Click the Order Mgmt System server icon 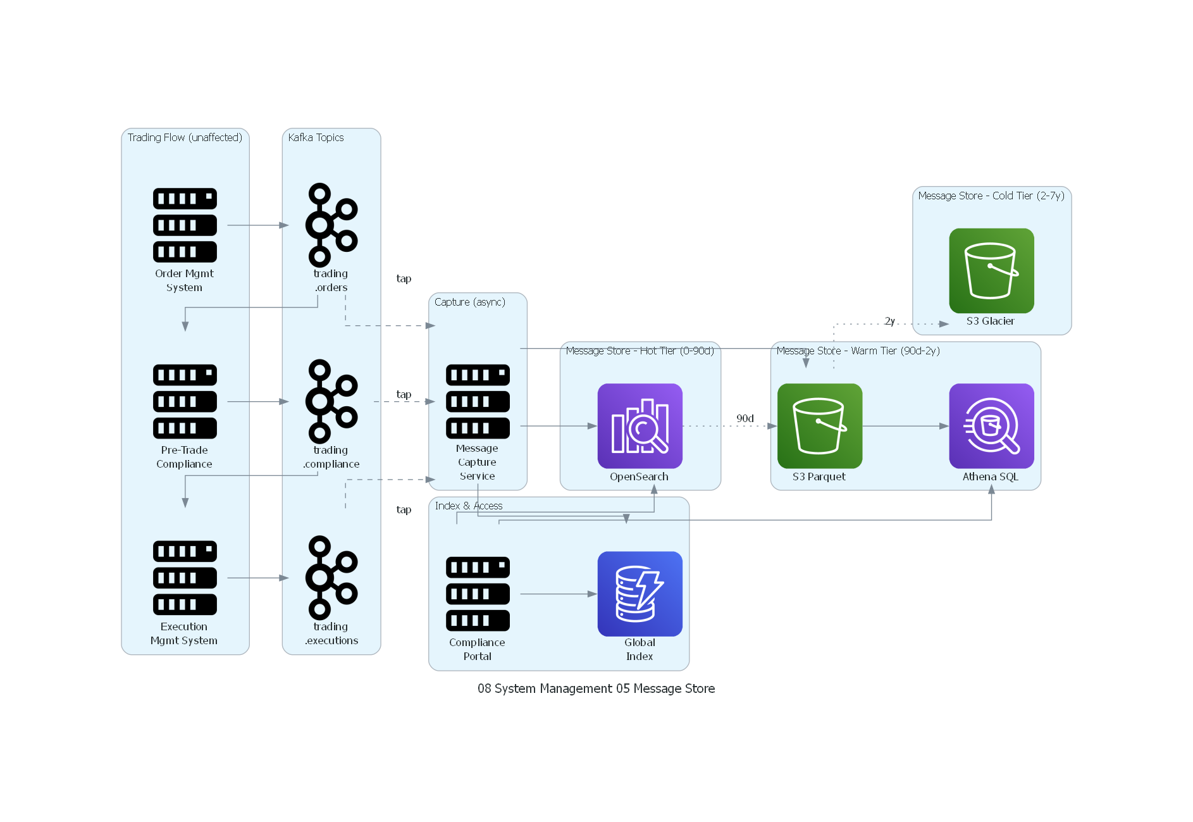185,225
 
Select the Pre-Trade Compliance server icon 185,402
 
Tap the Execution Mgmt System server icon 185,578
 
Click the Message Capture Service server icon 478,402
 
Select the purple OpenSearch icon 640,426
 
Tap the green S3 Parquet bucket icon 819,426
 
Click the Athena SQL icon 991,426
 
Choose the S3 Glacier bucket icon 991,271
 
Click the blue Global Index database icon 640,594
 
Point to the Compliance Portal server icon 478,594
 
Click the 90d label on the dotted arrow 745,418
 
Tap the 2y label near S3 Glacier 889,321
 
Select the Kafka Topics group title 316,137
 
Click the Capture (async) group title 469,302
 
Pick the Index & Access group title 468,506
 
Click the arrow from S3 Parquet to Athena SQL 905,426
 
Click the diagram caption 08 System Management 596,688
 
